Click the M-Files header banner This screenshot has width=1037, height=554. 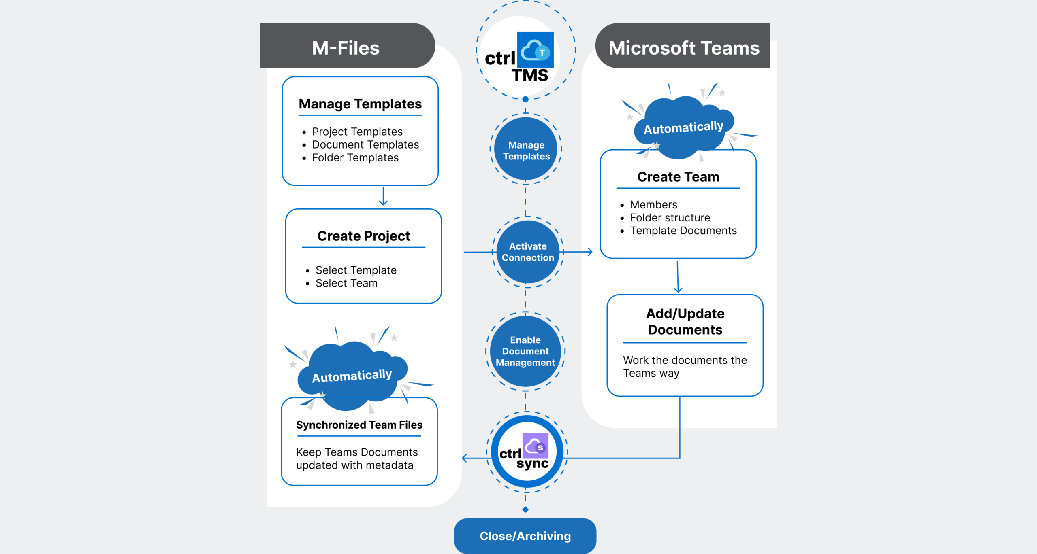pyautogui.click(x=346, y=47)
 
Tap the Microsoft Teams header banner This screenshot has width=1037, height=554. pyautogui.click(x=683, y=47)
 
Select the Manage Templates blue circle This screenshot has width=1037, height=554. pyautogui.click(x=526, y=150)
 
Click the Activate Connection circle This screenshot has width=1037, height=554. pyautogui.click(x=527, y=252)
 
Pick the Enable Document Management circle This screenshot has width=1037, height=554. pyautogui.click(x=525, y=351)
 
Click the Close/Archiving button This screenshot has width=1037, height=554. pyautogui.click(x=525, y=536)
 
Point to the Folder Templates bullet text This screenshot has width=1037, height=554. pyautogui.click(x=355, y=157)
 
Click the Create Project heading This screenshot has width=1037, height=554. pyautogui.click(x=363, y=236)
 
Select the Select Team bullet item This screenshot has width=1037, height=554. pyautogui.click(x=346, y=283)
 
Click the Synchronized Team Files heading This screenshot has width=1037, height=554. pyautogui.click(x=359, y=425)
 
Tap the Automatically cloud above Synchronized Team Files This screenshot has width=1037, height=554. pyautogui.click(x=352, y=375)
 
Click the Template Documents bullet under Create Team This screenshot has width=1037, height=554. pyautogui.click(x=683, y=231)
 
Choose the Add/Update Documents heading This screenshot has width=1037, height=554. pyautogui.click(x=685, y=321)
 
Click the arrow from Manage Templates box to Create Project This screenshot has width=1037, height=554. pyautogui.click(x=383, y=197)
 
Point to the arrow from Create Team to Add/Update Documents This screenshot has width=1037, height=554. pyautogui.click(x=678, y=277)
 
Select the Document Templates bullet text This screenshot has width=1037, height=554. pyautogui.click(x=365, y=144)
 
